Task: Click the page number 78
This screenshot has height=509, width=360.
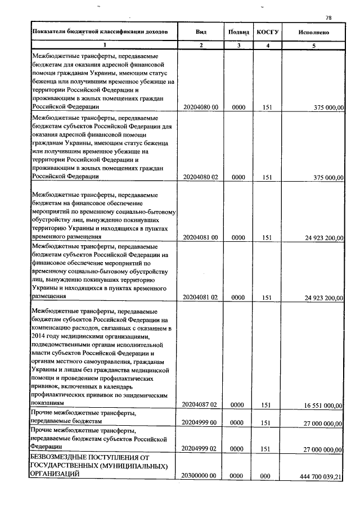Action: coord(328,17)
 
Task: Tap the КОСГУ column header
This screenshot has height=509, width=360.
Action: coord(268,32)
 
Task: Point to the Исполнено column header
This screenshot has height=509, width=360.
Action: coord(313,32)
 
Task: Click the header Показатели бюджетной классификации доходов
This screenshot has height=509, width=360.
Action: coord(100,32)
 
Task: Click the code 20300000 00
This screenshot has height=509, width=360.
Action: coord(200,476)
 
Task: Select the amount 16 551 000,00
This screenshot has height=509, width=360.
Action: coord(324,405)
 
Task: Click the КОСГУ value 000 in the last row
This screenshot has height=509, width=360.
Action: coord(267,476)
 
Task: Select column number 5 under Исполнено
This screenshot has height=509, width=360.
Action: coord(313,44)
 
